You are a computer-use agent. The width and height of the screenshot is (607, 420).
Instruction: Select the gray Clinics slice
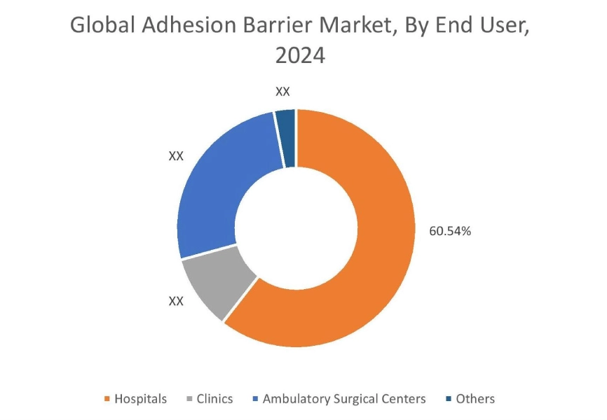click(214, 284)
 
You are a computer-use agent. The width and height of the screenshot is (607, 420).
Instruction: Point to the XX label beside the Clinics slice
click(176, 301)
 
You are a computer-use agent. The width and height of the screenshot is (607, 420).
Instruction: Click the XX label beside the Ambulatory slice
click(176, 156)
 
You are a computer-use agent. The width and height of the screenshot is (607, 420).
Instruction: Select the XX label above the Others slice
click(283, 92)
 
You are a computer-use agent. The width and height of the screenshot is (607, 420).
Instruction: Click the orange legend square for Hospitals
click(107, 399)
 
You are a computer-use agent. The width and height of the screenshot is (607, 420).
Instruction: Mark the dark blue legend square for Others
click(448, 399)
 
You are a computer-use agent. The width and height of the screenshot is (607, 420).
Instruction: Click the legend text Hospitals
click(141, 399)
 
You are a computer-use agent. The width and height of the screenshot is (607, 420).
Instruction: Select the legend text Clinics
click(215, 399)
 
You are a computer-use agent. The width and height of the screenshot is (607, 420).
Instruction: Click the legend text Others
click(475, 399)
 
